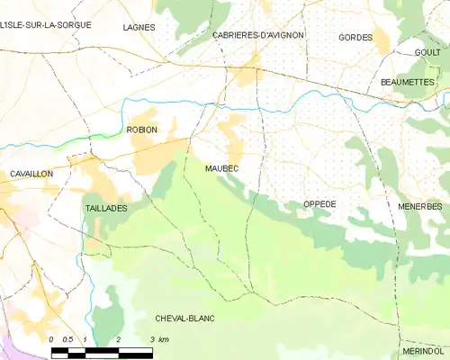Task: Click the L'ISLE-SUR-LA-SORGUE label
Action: point(46,24)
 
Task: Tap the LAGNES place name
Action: point(139,28)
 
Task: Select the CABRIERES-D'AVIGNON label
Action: point(257,35)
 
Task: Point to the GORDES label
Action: point(355,38)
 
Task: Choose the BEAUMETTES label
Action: point(408,82)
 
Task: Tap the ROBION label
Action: point(142,130)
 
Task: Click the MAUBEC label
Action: point(220,168)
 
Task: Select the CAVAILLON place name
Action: point(31,173)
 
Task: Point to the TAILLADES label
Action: point(106,208)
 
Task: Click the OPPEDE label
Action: point(319,204)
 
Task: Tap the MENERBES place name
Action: point(419,206)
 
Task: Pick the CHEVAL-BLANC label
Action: point(184,318)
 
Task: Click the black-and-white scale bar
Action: point(102,350)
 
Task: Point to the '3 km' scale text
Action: point(158,339)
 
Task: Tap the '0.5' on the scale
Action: point(68,339)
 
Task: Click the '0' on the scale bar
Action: point(52,339)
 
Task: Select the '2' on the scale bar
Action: point(119,339)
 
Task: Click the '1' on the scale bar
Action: point(85,339)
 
